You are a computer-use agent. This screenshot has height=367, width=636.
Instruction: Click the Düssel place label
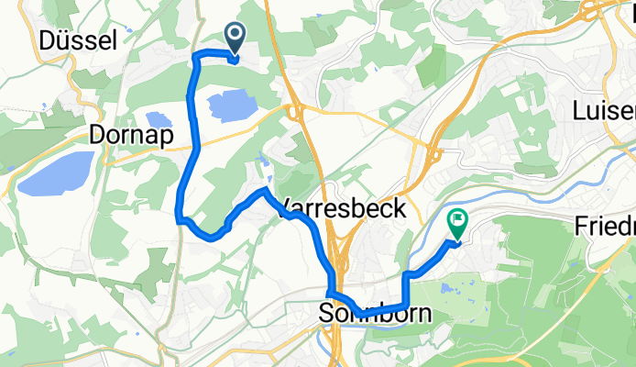click(x=78, y=39)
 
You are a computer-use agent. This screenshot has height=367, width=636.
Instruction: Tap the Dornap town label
click(x=133, y=136)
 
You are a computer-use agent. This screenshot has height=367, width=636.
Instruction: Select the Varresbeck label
click(x=341, y=207)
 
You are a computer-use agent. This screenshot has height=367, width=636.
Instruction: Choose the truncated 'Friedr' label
click(x=604, y=225)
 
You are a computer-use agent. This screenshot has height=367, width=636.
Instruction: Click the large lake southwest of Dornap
click(x=56, y=174)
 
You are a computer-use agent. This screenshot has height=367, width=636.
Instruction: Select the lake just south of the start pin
click(x=234, y=106)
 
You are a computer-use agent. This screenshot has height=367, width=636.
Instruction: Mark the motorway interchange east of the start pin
click(x=293, y=112)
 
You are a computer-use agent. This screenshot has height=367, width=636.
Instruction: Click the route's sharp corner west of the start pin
click(x=195, y=57)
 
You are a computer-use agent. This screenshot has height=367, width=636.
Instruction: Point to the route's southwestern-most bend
click(x=178, y=218)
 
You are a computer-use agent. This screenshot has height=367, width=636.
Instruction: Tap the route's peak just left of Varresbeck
click(x=265, y=190)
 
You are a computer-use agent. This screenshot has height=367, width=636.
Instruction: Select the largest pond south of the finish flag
click(x=449, y=288)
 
